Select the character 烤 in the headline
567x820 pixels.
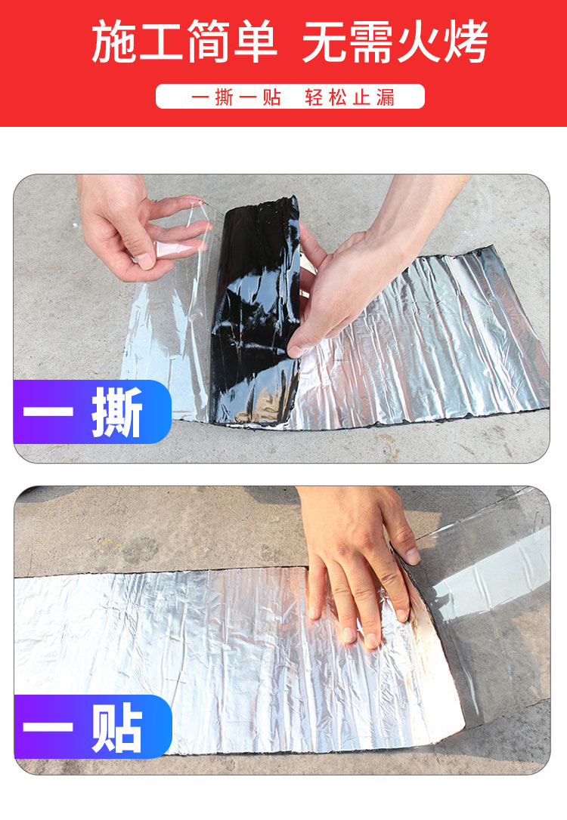click(466, 42)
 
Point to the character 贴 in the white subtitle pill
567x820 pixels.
click(272, 97)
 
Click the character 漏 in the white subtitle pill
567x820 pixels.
click(385, 97)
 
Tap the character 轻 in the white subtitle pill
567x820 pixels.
click(314, 97)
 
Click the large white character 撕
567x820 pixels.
click(116, 412)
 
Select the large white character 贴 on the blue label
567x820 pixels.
click(117, 727)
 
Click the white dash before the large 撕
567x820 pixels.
click(48, 410)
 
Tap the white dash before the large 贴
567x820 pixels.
click(48, 726)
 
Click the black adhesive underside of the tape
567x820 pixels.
click(255, 309)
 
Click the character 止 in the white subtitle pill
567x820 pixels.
click(361, 97)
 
